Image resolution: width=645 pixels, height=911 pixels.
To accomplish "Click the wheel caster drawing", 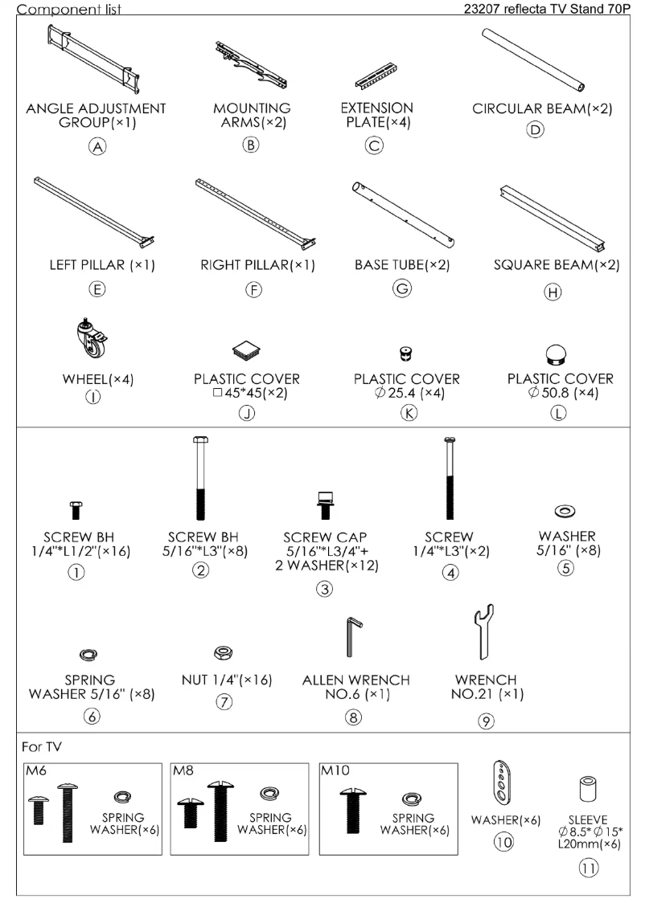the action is click(92, 339).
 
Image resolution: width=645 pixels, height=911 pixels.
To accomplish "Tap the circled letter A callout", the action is click(97, 146).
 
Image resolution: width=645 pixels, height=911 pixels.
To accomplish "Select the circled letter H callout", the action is click(553, 292).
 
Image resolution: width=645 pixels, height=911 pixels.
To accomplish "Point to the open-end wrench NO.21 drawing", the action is click(483, 632).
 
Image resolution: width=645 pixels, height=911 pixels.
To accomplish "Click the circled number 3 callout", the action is click(325, 589).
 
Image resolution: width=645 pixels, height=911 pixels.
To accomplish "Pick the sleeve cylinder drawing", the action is click(587, 788).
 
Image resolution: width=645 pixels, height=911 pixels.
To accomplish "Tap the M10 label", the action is click(335, 770).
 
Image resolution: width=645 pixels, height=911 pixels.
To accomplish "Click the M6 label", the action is click(36, 770).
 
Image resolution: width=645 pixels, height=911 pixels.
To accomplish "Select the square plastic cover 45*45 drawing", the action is click(246, 350).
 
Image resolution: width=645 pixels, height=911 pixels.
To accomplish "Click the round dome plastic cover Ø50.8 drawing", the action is click(557, 353).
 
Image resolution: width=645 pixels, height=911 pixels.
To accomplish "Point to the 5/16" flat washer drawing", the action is click(565, 511).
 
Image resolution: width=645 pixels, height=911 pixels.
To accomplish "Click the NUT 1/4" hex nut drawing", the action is click(224, 652).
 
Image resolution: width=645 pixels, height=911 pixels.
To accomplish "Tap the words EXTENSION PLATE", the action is click(377, 115).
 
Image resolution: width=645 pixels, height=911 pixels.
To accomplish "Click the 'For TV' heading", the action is click(41, 746).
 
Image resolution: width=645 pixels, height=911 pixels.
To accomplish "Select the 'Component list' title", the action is click(68, 9).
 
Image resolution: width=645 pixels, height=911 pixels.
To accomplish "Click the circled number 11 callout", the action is click(589, 868).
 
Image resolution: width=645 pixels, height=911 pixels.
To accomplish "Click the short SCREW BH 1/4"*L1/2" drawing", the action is click(76, 510).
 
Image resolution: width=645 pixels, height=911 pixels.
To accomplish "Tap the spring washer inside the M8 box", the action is click(269, 793).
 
